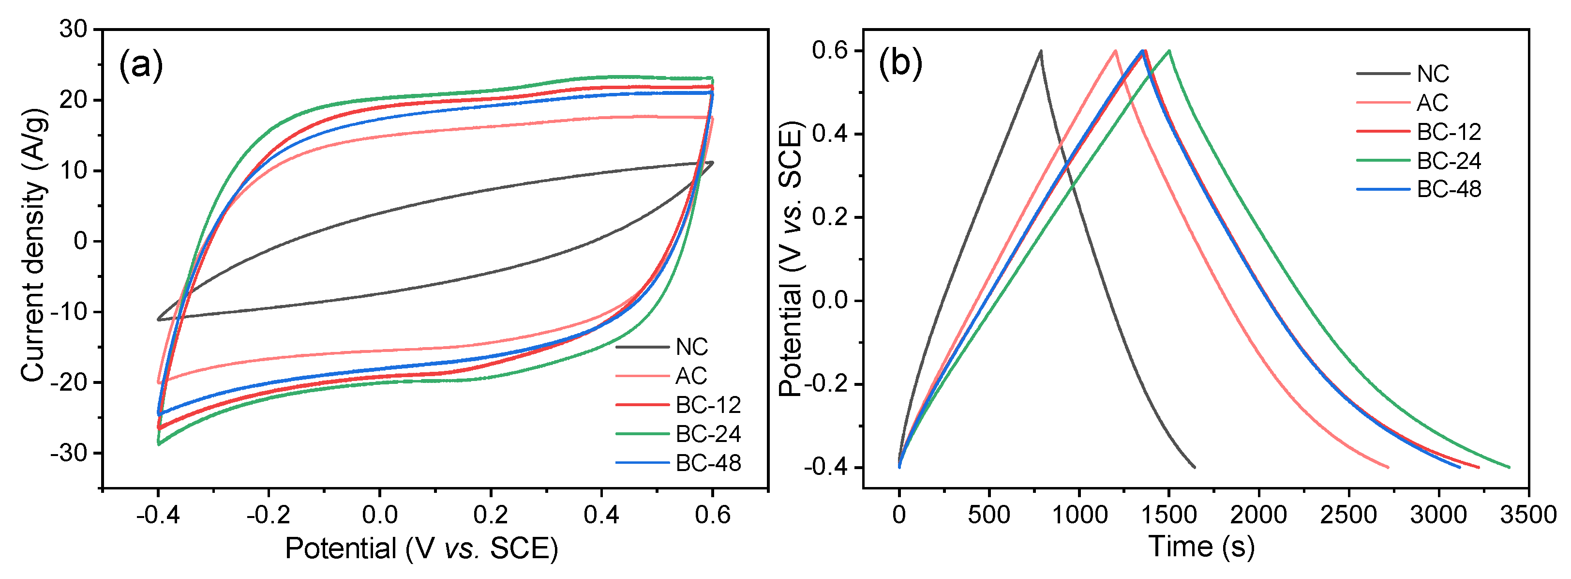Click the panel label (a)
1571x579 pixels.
point(141,65)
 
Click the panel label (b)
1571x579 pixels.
point(900,63)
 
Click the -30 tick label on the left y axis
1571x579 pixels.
point(69,453)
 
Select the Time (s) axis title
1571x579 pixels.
point(1201,546)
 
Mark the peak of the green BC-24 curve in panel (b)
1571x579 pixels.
point(1169,51)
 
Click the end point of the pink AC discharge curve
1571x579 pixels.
point(1388,467)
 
